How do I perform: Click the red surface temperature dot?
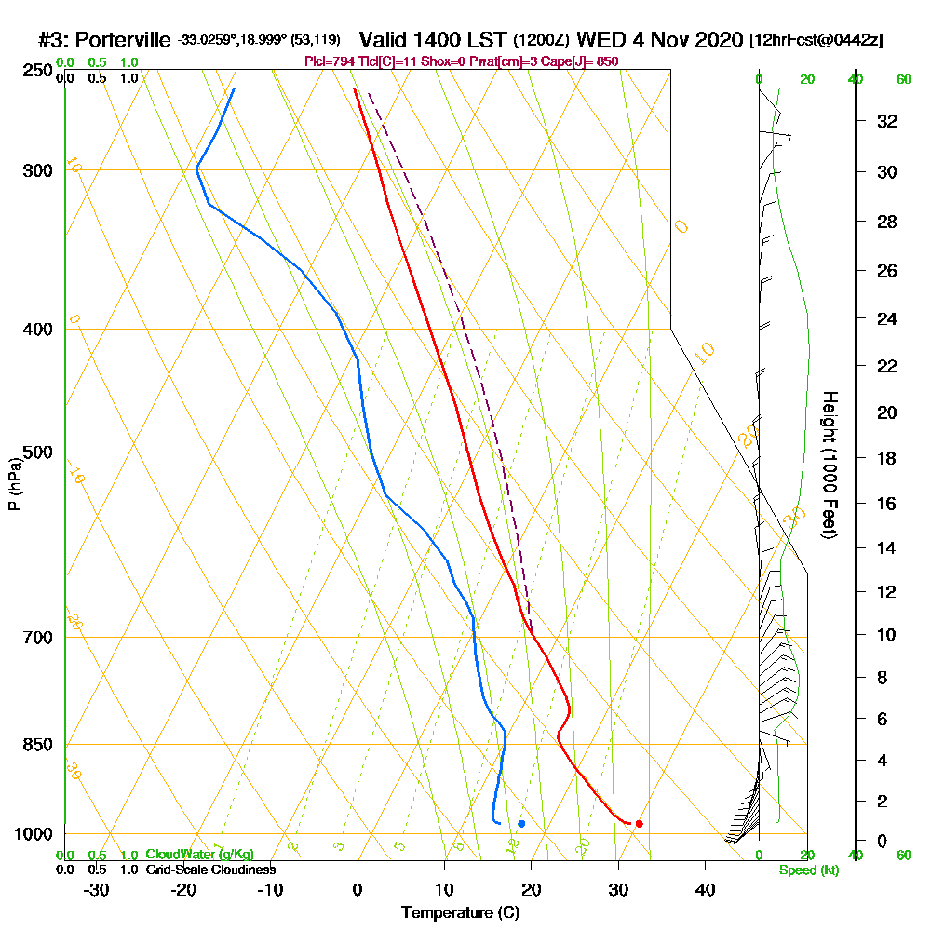point(639,824)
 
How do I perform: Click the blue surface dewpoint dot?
point(521,824)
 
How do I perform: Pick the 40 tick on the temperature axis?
point(705,889)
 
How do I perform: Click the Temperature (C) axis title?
point(460,913)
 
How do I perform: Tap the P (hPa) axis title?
point(14,483)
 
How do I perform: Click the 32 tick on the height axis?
point(886,121)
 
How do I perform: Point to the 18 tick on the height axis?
point(886,458)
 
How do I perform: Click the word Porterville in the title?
point(122,40)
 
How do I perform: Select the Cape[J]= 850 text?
point(583,61)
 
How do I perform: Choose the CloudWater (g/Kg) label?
point(199,855)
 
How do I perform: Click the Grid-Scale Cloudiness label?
point(210,870)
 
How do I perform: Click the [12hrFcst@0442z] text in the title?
point(816,41)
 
